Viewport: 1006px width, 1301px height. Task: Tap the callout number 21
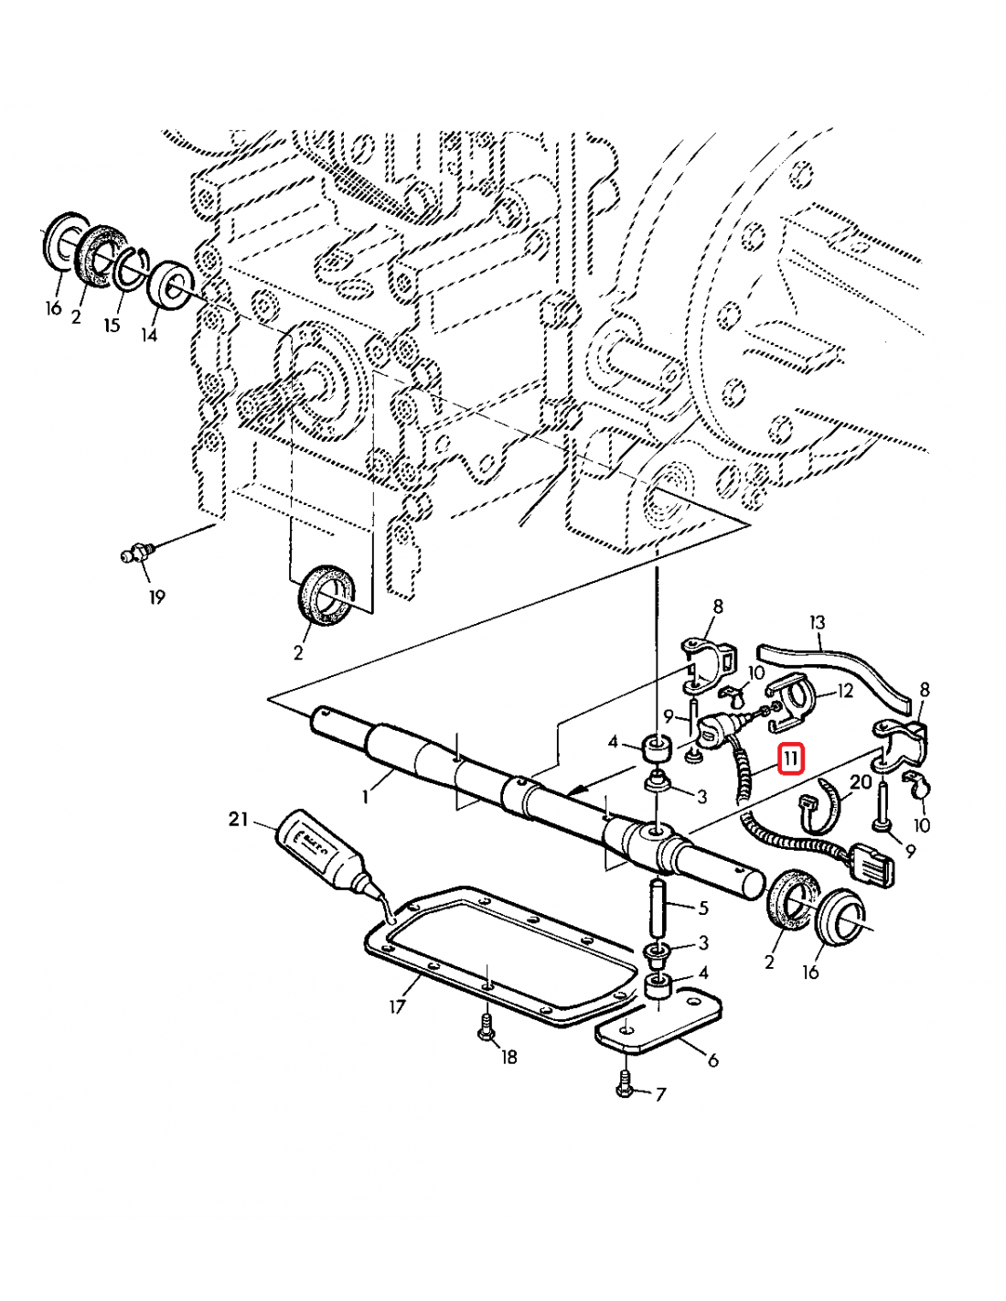click(x=239, y=819)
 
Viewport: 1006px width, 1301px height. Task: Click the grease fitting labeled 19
click(x=136, y=554)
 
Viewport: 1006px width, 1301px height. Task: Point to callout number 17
click(x=397, y=1007)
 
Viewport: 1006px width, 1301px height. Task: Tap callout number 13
click(x=817, y=622)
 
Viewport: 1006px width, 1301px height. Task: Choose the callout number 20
click(x=861, y=781)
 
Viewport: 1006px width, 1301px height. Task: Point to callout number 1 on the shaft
click(x=365, y=796)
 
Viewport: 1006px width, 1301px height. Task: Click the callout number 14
click(x=149, y=335)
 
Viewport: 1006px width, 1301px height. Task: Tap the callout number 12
click(x=844, y=690)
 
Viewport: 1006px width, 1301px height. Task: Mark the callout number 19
click(x=157, y=597)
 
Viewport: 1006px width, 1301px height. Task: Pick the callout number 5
click(x=703, y=908)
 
